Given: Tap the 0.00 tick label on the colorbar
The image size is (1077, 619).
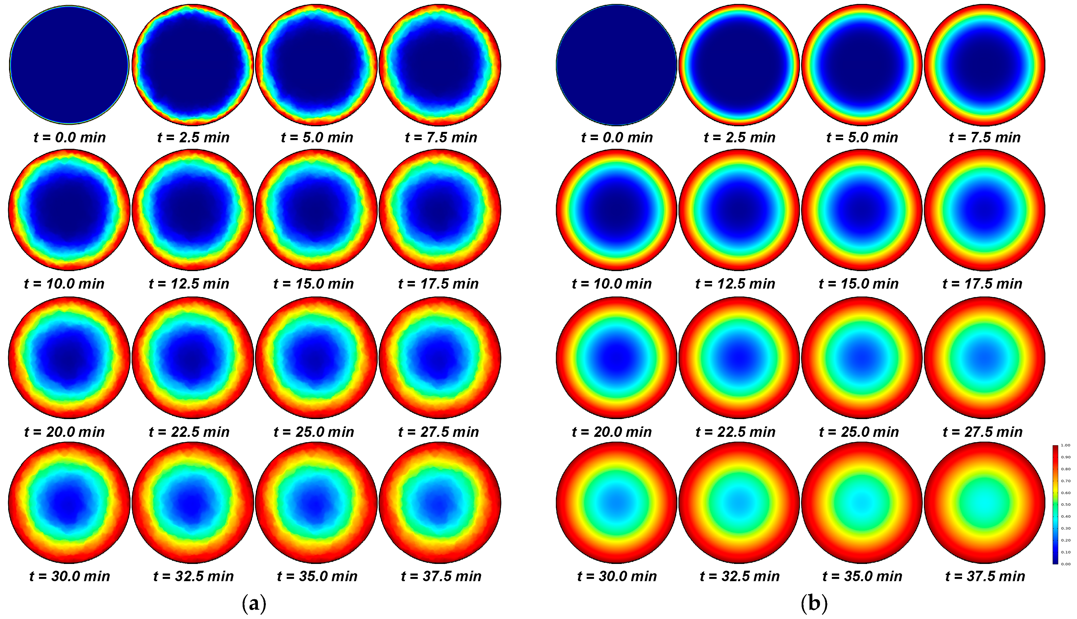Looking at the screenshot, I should [x=1066, y=564].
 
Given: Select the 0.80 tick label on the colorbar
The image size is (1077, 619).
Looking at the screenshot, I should [x=1066, y=469].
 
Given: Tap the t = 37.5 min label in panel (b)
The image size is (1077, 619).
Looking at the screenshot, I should [x=985, y=576].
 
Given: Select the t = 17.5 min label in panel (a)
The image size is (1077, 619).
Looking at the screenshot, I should [x=438, y=284].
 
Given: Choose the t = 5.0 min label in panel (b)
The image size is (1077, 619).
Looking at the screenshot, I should [x=862, y=137].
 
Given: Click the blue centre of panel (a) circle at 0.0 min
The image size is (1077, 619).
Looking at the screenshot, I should [x=69, y=65].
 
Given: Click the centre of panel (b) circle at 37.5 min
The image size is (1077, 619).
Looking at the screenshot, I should [x=985, y=502].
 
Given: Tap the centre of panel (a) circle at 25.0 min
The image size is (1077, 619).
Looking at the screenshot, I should [x=316, y=358].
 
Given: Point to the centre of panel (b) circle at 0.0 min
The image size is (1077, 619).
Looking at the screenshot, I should [x=617, y=65].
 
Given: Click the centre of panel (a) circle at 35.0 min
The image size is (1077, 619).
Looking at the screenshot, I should [x=316, y=502].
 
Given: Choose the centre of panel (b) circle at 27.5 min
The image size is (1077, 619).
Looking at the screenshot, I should [x=985, y=358].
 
